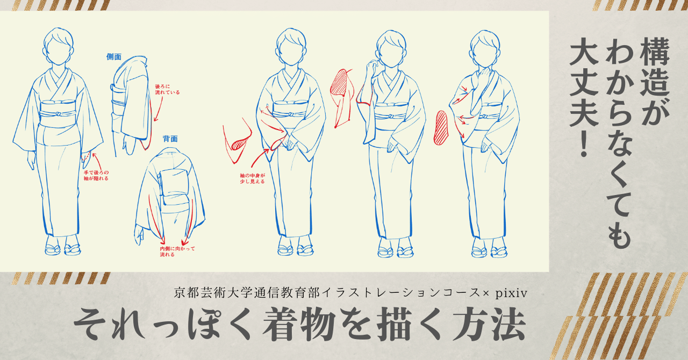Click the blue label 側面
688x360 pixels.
(x=114, y=57)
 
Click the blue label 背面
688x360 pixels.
(x=170, y=139)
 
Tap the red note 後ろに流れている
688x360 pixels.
(x=167, y=89)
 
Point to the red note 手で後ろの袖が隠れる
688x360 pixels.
(x=96, y=175)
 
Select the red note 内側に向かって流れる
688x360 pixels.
(x=177, y=251)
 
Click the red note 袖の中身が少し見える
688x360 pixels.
(x=252, y=178)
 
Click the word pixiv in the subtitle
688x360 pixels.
(x=511, y=293)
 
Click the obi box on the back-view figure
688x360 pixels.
(x=174, y=186)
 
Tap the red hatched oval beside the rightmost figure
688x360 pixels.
(x=441, y=128)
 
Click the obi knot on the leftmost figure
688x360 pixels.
(x=57, y=115)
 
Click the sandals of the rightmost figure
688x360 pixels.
(x=489, y=251)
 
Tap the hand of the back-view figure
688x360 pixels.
(x=139, y=235)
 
